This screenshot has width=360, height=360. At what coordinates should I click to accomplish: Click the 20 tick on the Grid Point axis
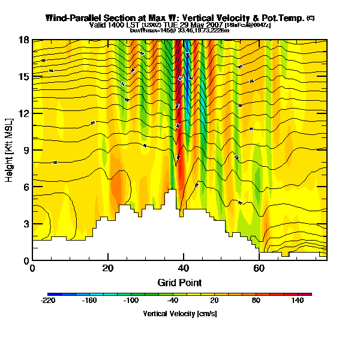tap(108, 268)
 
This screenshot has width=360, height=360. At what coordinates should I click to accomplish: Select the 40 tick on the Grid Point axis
tap(184, 268)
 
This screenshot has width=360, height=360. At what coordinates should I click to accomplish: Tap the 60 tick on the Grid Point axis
tap(259, 268)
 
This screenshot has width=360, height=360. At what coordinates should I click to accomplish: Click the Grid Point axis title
tap(179, 283)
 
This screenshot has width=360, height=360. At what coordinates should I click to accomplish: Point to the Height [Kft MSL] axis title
tap(10, 150)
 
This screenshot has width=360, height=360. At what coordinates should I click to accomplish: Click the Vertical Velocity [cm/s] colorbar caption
tap(179, 314)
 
